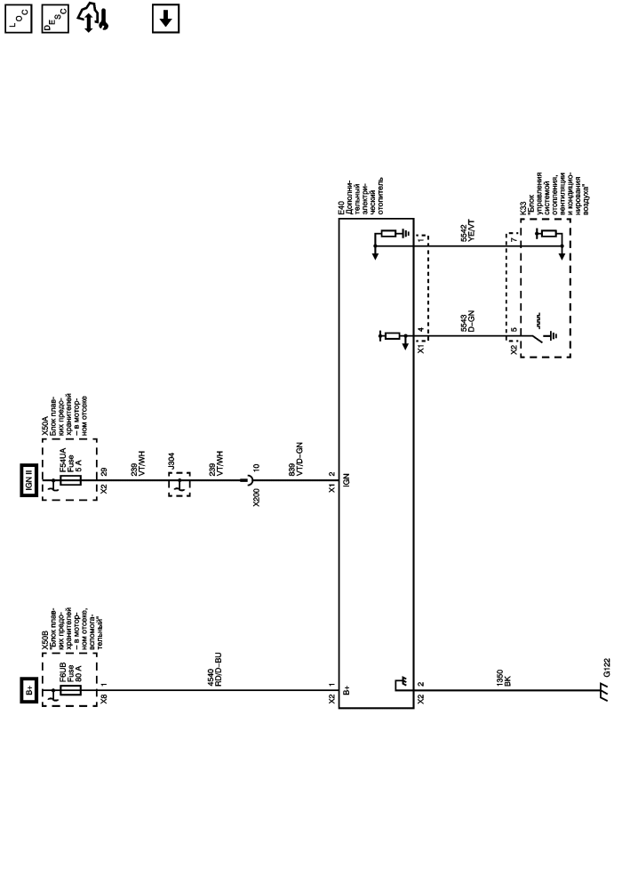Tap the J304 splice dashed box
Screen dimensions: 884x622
coord(179,483)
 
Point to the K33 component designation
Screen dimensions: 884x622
coord(522,205)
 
